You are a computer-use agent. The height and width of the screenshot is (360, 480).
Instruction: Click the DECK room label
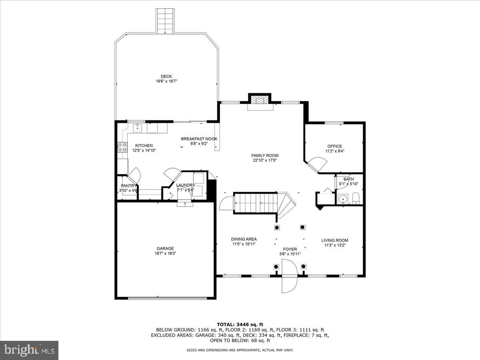click(166, 76)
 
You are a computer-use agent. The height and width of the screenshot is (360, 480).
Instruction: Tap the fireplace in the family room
click(260, 102)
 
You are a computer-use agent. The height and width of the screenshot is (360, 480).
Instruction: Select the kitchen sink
click(138, 128)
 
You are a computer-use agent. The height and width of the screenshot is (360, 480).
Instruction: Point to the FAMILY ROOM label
click(265, 156)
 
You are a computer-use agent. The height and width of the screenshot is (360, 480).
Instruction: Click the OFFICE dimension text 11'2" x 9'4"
click(335, 151)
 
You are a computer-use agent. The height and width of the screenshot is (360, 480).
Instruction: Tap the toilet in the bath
click(356, 198)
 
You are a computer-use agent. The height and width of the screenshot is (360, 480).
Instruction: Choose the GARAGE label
click(165, 248)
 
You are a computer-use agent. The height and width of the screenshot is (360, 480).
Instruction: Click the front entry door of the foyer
click(289, 276)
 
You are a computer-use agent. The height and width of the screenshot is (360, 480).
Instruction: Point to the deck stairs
click(165, 21)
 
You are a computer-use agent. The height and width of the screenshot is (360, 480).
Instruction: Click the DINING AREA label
click(244, 239)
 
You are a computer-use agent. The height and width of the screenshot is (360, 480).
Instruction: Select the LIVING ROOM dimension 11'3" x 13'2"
click(335, 245)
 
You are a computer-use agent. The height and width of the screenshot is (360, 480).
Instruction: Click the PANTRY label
click(128, 186)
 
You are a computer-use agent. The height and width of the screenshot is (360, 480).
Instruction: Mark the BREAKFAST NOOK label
click(199, 139)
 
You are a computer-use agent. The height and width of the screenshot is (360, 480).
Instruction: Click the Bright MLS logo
click(30, 350)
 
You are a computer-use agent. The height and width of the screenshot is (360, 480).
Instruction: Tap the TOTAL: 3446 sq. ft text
click(240, 324)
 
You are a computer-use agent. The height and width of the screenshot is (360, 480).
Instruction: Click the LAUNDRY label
click(186, 185)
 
